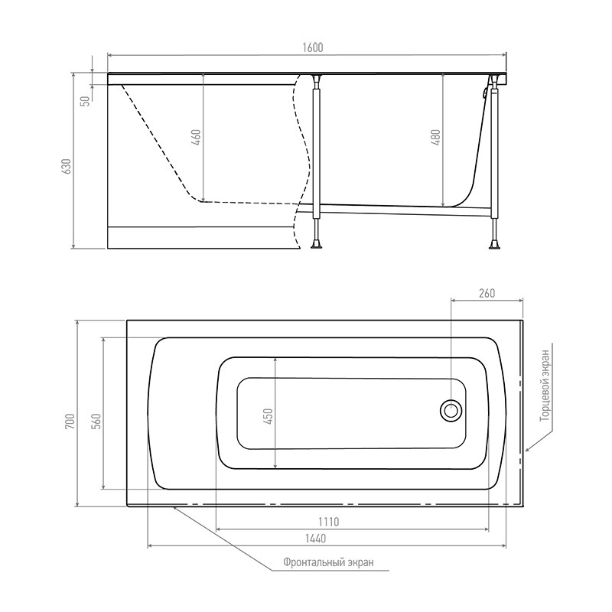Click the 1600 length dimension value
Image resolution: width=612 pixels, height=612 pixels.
[x=313, y=47]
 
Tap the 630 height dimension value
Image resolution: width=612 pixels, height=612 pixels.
[x=67, y=166]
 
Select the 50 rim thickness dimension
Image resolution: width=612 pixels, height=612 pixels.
[x=86, y=101]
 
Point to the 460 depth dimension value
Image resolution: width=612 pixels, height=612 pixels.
[x=197, y=137]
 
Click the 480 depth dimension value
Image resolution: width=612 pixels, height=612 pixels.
[x=436, y=137]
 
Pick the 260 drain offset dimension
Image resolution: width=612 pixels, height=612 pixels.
[x=487, y=293]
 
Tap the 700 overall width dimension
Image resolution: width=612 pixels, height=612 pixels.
[x=70, y=422]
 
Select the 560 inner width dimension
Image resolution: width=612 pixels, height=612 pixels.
[x=96, y=422]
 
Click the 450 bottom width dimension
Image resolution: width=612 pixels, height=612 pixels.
[x=269, y=416]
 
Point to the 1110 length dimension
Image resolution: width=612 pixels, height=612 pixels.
[x=329, y=521]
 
